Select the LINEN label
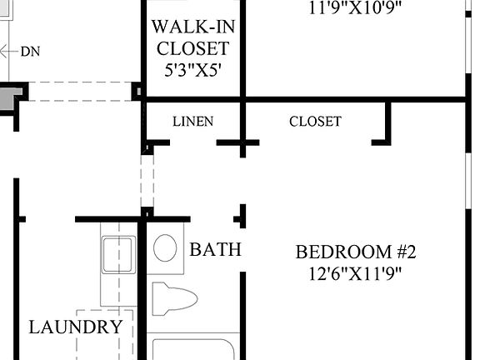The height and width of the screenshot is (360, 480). pyautogui.click(x=192, y=122)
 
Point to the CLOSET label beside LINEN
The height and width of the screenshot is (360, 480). pyautogui.click(x=315, y=122)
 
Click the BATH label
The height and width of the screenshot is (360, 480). pyautogui.click(x=216, y=248)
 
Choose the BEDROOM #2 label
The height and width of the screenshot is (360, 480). pyautogui.click(x=355, y=252)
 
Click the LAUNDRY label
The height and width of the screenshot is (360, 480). pyautogui.click(x=76, y=327)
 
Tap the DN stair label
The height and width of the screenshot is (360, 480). pyautogui.click(x=31, y=52)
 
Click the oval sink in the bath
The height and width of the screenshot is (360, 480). pyautogui.click(x=166, y=247)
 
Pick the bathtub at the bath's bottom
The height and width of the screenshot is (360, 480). pyautogui.click(x=196, y=348)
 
